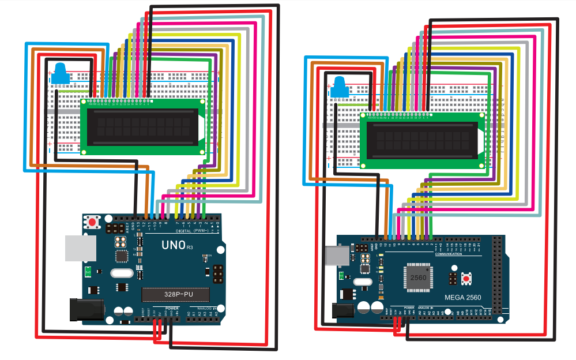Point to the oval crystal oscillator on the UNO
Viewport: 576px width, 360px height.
click(121, 274)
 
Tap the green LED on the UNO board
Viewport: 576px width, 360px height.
click(87, 271)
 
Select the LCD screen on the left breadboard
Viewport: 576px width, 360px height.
click(143, 126)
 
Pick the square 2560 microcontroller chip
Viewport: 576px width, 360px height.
click(419, 277)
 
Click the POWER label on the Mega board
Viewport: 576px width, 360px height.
click(409, 308)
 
